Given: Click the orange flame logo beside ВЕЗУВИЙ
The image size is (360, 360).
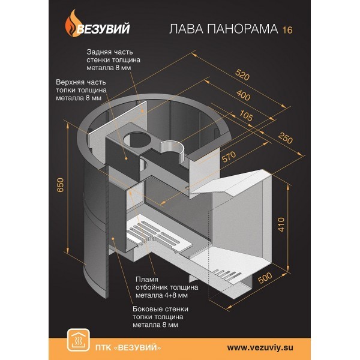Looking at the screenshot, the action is click(71, 23).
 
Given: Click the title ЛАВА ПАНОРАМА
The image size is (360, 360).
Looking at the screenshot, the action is click(224, 29).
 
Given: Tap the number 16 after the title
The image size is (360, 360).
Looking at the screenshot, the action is click(287, 30).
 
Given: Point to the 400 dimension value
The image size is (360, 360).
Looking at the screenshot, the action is click(244, 95).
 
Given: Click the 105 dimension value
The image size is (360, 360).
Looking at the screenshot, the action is click(246, 115).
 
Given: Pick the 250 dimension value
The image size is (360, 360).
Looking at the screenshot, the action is click(286, 138).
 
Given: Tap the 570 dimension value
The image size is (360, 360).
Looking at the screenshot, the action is click(229, 157).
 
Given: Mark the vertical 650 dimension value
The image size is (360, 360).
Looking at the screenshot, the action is click(60, 185).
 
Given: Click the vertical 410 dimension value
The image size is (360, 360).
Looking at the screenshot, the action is click(281, 224).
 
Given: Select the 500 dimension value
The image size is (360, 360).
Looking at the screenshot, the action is click(265, 278).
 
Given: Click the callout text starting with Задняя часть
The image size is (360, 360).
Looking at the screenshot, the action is click(113, 60).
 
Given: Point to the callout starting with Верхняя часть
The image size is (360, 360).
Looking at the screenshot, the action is click(81, 90).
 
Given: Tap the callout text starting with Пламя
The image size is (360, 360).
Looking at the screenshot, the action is click(167, 287).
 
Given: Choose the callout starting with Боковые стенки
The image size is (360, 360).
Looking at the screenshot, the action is click(160, 317).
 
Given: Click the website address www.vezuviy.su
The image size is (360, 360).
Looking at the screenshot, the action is click(260, 347).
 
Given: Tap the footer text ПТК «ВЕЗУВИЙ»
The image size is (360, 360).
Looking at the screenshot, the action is click(128, 347).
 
